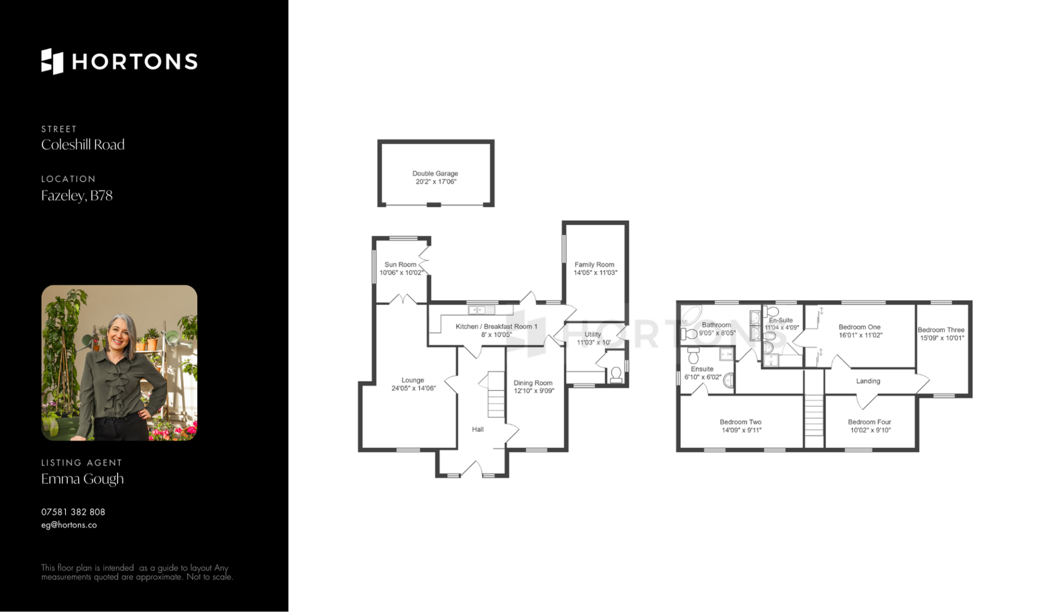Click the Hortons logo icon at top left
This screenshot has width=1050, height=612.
(52, 61)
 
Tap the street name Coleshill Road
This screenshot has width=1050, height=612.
(83, 144)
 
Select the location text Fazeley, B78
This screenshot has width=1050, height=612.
(77, 196)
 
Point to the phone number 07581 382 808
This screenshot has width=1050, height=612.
(73, 512)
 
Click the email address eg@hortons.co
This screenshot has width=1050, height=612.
(69, 525)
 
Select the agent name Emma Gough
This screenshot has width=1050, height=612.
(83, 479)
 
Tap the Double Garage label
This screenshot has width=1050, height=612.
(435, 173)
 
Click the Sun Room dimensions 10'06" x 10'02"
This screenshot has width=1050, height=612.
(401, 272)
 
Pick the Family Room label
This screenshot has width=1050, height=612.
(594, 264)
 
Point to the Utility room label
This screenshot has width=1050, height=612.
(593, 334)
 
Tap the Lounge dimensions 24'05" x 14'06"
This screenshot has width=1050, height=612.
(413, 388)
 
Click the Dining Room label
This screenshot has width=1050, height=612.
(533, 383)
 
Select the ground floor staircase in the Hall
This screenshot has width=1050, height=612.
(496, 394)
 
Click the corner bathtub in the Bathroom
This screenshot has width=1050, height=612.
(691, 316)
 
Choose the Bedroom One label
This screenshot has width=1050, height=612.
(860, 327)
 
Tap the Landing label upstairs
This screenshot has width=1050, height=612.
(868, 381)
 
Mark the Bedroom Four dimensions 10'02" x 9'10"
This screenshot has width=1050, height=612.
(871, 430)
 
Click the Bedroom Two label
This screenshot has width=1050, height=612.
(740, 422)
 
